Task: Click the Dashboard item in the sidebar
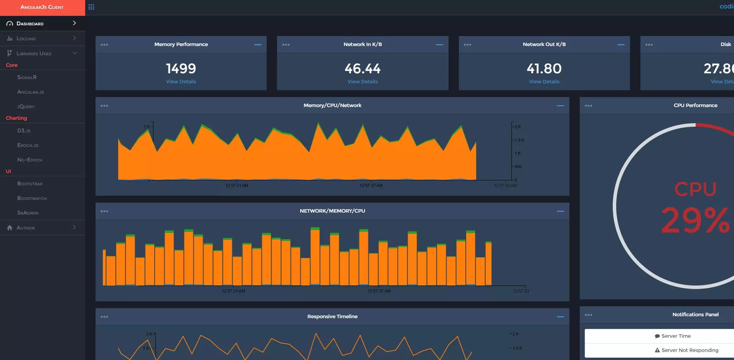click(30, 23)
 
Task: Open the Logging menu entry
click(26, 38)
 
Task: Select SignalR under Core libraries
click(27, 77)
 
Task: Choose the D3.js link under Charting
click(24, 130)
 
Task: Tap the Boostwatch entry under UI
click(32, 198)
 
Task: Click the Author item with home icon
click(25, 228)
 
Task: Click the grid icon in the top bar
click(91, 7)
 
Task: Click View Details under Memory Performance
click(181, 81)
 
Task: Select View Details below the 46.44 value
click(363, 81)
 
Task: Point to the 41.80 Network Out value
click(544, 69)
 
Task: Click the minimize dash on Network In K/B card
click(439, 45)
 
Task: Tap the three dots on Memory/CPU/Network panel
click(104, 106)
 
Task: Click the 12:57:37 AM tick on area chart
click(371, 185)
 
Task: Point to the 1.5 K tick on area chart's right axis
click(519, 140)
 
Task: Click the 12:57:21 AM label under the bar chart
click(233, 291)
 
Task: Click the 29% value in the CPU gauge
click(695, 220)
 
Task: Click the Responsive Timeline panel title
click(332, 316)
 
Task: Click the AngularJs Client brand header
click(42, 7)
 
